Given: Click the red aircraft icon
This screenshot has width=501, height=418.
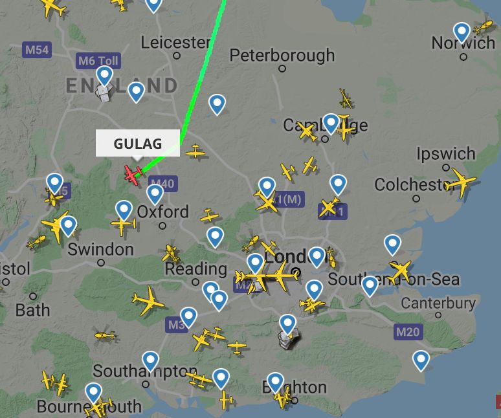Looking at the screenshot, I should (133, 173).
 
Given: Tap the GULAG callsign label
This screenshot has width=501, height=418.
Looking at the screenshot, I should (137, 143).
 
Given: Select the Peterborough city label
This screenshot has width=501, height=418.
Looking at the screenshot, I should (282, 55).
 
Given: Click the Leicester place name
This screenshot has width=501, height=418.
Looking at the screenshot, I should (176, 43).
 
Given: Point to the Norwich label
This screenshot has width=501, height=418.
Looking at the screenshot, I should (463, 44).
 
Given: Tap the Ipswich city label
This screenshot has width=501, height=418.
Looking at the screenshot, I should (446, 155).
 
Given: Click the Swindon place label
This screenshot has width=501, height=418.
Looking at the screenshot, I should (100, 250).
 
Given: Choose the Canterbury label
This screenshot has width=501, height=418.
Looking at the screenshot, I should (438, 303).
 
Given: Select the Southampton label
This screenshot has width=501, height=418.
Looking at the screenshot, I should (145, 371).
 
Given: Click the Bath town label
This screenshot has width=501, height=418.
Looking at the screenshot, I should (32, 310).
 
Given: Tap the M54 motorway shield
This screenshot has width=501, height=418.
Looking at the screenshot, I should (36, 50).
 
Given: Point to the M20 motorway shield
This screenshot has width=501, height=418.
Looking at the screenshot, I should (407, 333).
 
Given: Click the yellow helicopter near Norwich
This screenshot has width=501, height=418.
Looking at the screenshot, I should (483, 28).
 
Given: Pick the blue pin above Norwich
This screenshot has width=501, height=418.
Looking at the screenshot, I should (462, 31).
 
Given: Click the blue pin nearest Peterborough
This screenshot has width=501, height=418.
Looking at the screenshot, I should (217, 104).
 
